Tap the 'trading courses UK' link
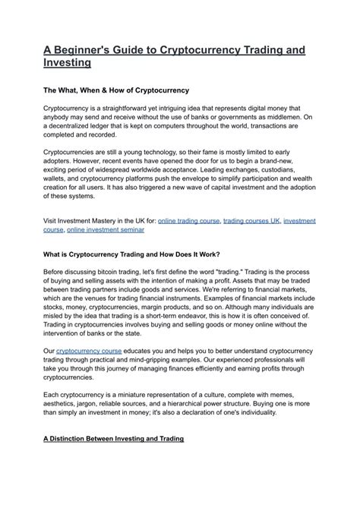251,220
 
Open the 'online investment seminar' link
105,229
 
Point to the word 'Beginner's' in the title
90,49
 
